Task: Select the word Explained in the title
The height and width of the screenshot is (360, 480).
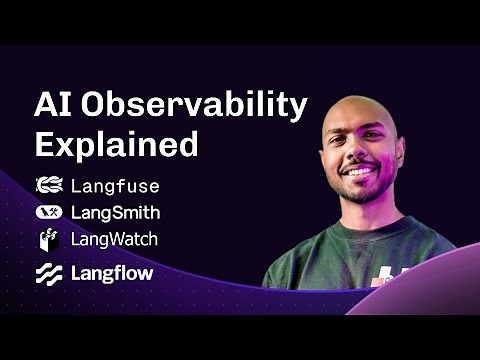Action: click(115, 144)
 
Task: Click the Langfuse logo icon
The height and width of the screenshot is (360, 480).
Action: click(49, 185)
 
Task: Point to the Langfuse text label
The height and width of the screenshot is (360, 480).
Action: click(115, 185)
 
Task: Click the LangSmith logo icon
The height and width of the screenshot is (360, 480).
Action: click(49, 212)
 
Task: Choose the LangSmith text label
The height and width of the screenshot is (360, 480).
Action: click(115, 212)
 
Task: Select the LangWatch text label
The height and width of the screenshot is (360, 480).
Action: click(114, 240)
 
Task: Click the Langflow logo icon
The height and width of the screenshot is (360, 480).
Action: click(49, 273)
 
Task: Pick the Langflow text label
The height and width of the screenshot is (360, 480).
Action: click(111, 273)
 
